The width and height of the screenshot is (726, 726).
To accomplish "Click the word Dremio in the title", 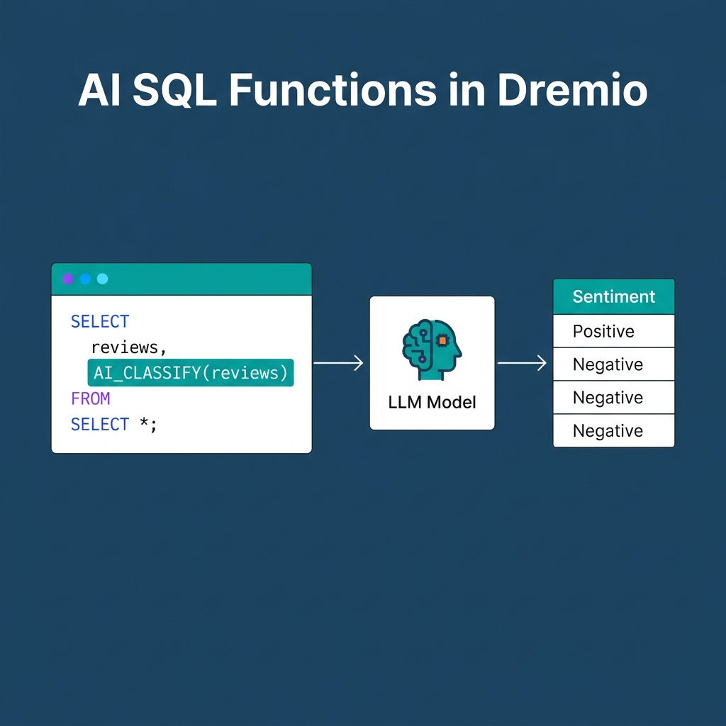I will click(x=571, y=90).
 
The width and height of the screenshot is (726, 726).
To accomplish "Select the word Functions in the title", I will click(x=333, y=90).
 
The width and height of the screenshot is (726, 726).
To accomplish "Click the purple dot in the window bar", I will click(x=68, y=279).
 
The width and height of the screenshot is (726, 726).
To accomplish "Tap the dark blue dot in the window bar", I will click(x=85, y=279).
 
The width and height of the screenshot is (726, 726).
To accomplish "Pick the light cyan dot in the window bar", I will click(x=102, y=279).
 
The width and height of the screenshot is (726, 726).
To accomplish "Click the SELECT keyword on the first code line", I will click(x=100, y=321).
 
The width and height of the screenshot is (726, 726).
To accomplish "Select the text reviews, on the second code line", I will click(x=128, y=347).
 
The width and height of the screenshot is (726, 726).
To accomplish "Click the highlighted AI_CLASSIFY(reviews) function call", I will click(x=190, y=372).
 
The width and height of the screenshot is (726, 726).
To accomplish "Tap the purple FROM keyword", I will click(x=90, y=398).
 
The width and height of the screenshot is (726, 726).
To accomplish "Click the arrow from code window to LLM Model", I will click(x=338, y=363).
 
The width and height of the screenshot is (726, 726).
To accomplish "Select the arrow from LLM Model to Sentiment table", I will click(x=522, y=363).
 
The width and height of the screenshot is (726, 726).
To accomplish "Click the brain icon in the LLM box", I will click(x=432, y=345).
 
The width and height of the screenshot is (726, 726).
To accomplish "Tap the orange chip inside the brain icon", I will click(x=443, y=340).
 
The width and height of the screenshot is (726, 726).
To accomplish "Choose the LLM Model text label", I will click(x=432, y=403).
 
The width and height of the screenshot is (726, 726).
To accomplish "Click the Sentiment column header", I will click(x=613, y=296).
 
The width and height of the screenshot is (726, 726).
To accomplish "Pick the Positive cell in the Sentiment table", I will click(x=603, y=331).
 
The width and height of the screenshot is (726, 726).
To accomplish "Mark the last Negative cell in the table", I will click(x=608, y=431).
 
